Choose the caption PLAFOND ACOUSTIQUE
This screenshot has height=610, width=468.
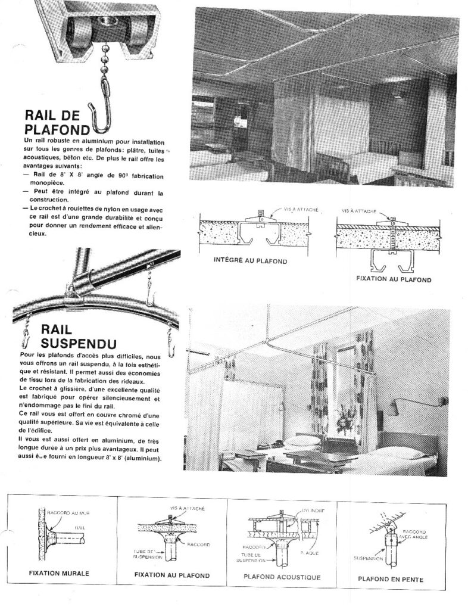pos(282,577)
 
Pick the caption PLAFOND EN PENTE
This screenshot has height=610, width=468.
pos(389,578)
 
